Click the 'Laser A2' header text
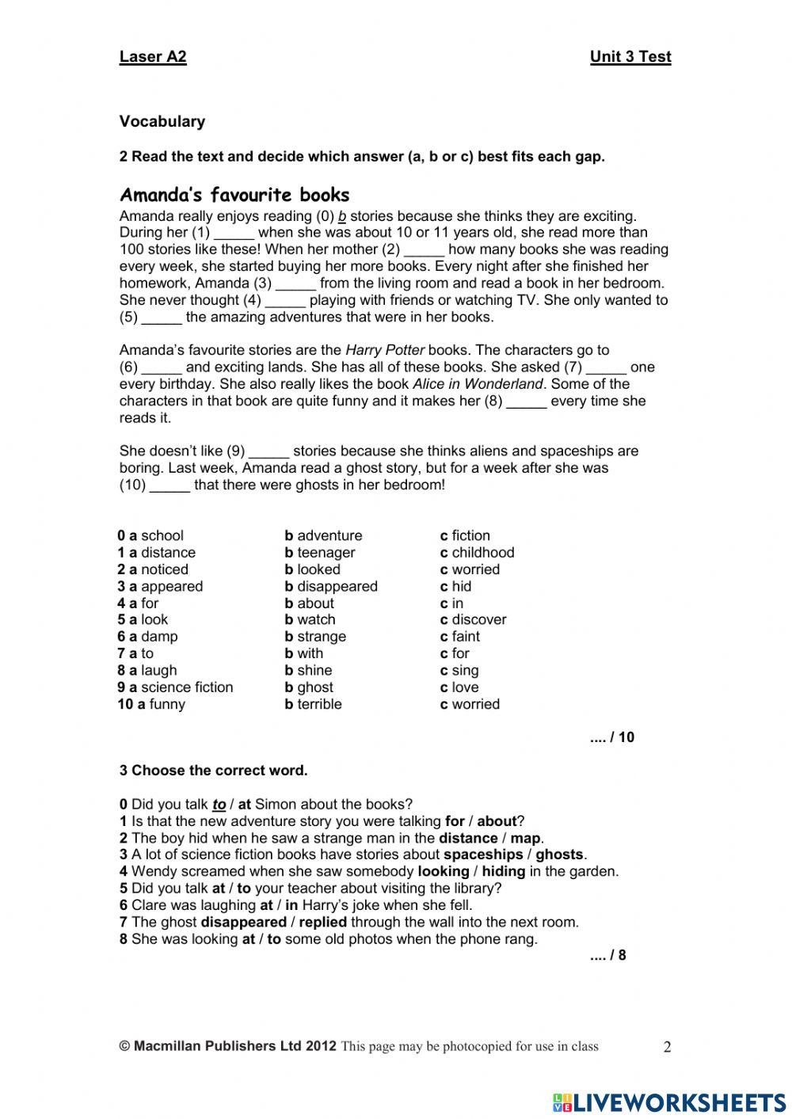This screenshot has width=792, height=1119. click(153, 56)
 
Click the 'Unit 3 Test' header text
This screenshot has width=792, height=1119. click(630, 56)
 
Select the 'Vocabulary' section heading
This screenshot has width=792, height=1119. click(162, 121)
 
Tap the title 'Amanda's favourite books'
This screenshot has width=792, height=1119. click(234, 195)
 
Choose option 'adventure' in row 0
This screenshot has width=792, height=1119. click(329, 535)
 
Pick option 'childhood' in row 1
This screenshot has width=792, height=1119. click(482, 553)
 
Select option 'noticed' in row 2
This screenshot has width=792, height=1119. click(164, 569)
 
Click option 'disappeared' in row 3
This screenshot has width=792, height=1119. click(337, 587)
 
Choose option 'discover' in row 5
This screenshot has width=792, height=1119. click(478, 620)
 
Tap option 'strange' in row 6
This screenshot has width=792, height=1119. click(321, 637)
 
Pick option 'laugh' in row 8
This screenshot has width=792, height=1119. click(158, 671)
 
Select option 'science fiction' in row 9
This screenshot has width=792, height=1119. click(186, 687)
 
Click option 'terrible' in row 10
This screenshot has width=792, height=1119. click(318, 704)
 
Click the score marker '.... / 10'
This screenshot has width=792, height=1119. click(611, 737)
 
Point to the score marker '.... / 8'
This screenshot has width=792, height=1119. click(607, 955)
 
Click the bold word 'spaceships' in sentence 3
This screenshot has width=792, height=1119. click(483, 854)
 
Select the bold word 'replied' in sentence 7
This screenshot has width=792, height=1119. click(323, 922)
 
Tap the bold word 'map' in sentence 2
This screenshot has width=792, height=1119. click(525, 838)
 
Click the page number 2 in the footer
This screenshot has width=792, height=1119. click(667, 1047)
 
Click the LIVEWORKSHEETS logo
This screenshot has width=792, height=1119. click(669, 1102)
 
